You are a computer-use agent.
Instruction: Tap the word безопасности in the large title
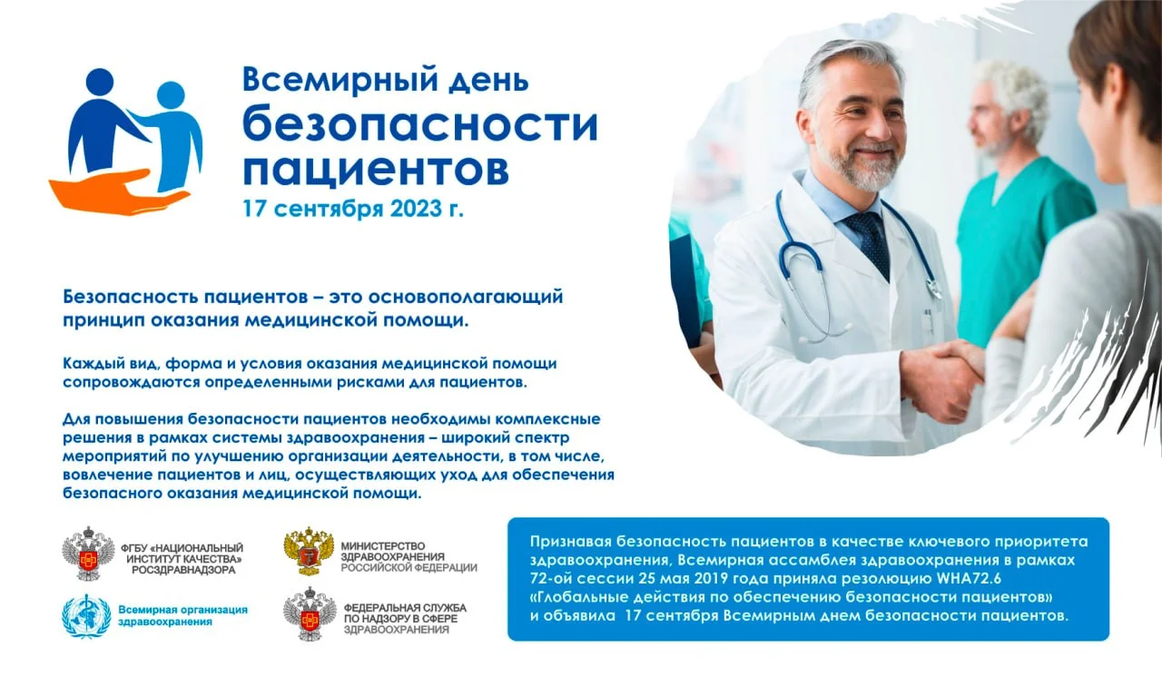click(419, 125)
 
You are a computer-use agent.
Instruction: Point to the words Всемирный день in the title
click(384, 80)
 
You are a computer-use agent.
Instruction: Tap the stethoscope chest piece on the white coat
click(933, 289)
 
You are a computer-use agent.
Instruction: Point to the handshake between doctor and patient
click(949, 372)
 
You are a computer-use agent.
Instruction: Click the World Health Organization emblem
click(85, 616)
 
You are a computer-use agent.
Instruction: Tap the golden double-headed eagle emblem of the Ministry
click(309, 552)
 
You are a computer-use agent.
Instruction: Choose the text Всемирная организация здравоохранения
click(182, 616)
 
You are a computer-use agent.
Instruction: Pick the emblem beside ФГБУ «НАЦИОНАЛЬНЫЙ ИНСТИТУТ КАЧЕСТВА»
click(85, 554)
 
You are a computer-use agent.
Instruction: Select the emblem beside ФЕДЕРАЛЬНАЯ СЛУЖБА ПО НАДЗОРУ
click(309, 616)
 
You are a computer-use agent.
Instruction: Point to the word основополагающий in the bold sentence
click(468, 297)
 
